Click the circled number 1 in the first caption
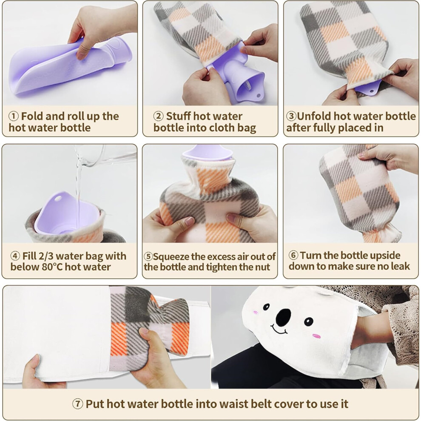(14, 116)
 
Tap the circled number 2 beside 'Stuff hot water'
(159, 116)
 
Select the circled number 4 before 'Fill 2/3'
(15, 256)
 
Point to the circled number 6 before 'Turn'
(293, 255)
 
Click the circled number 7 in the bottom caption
(77, 404)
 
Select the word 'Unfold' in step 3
(313, 116)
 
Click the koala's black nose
(283, 317)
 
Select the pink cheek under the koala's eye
(316, 336)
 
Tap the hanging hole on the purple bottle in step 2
(258, 95)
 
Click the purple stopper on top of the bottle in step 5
(207, 152)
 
